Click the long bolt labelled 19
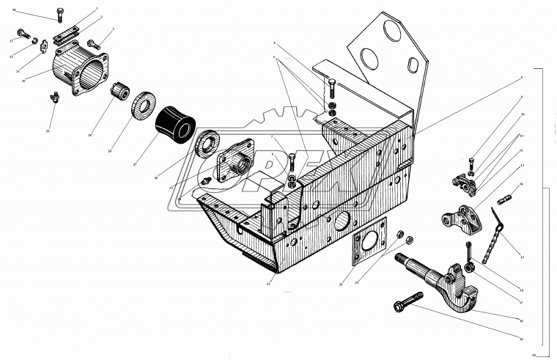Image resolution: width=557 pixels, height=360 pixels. [407, 301]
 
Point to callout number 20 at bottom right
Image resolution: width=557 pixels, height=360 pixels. [534, 354]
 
